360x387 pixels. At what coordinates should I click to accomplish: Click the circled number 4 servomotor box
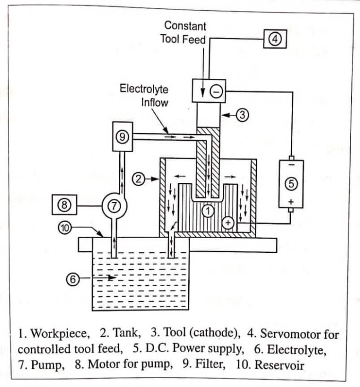coord(275,39)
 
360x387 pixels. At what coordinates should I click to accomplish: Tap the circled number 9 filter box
coord(122,136)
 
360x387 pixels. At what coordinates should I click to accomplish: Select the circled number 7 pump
coord(114,206)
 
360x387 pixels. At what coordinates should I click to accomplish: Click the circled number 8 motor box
coord(64,205)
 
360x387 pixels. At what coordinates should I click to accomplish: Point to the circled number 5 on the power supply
coord(291,184)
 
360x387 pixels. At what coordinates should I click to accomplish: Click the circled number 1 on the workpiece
coord(208,211)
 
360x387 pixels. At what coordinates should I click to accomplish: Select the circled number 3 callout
coord(243,115)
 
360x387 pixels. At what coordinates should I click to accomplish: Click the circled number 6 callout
coord(73,279)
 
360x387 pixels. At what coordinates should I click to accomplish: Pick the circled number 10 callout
coord(64,228)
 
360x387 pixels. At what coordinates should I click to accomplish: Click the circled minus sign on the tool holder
coord(216,91)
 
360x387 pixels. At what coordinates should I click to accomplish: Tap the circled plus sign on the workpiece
coord(228,223)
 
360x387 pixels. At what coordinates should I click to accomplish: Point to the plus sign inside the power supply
coord(291,202)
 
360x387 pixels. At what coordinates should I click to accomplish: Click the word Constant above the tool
coord(185,26)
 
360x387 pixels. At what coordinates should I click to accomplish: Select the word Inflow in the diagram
coord(155,102)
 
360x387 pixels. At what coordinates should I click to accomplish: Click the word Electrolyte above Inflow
coord(144,89)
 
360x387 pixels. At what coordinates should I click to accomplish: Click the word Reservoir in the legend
coord(279,365)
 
